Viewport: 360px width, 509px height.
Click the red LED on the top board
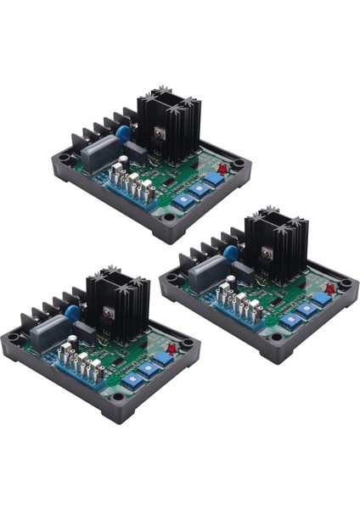click(x=222, y=169)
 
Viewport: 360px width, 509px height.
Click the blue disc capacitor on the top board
click(x=122, y=133)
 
